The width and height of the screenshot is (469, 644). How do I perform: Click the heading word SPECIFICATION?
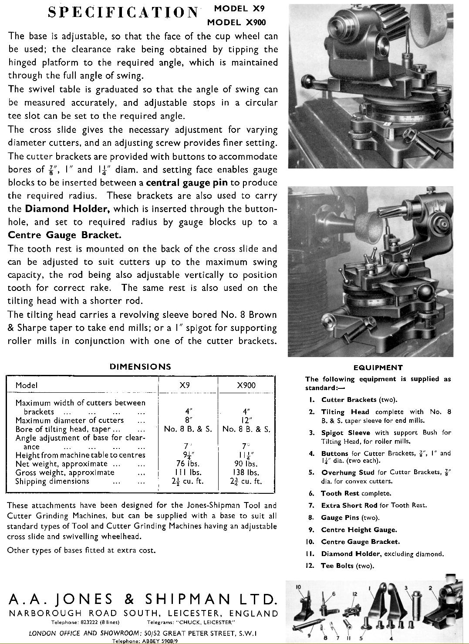click(123, 12)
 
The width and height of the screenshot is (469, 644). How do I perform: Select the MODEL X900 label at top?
click(236, 22)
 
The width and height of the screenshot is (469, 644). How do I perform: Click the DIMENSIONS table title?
click(140, 367)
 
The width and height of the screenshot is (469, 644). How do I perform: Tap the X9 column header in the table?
click(185, 385)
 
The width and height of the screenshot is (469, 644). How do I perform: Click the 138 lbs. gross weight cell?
click(246, 472)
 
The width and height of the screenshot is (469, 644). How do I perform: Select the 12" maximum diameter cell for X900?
click(246, 421)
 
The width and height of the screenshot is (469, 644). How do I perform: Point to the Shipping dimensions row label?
click(52, 482)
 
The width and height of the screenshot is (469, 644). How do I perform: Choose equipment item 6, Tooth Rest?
click(356, 494)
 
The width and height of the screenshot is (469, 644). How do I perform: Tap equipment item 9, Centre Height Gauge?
click(359, 530)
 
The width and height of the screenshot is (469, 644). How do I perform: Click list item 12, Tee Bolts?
click(347, 566)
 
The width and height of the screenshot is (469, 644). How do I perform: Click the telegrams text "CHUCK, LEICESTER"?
click(206, 622)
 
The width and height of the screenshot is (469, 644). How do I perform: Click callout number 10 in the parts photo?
click(298, 587)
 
